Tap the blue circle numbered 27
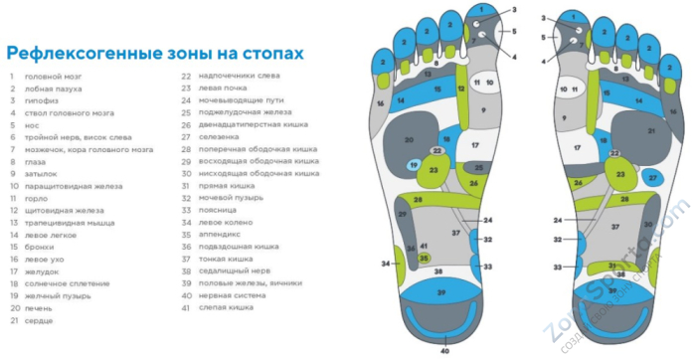(x=652, y=177)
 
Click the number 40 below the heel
(x=444, y=350)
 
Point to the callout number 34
(x=384, y=264)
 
